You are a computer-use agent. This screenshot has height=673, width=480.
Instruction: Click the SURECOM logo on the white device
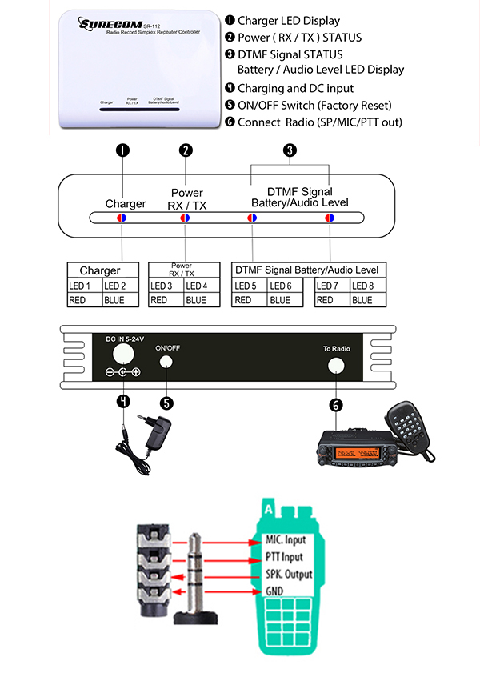click(x=104, y=24)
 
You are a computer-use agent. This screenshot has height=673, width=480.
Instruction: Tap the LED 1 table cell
click(x=85, y=286)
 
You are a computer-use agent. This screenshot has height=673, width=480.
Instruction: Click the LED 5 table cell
click(x=249, y=286)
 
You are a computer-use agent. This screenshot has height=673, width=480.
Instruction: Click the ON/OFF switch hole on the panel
click(x=167, y=362)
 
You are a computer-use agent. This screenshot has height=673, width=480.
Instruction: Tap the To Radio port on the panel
click(x=335, y=365)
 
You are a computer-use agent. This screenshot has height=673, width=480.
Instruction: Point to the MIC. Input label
click(x=285, y=540)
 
